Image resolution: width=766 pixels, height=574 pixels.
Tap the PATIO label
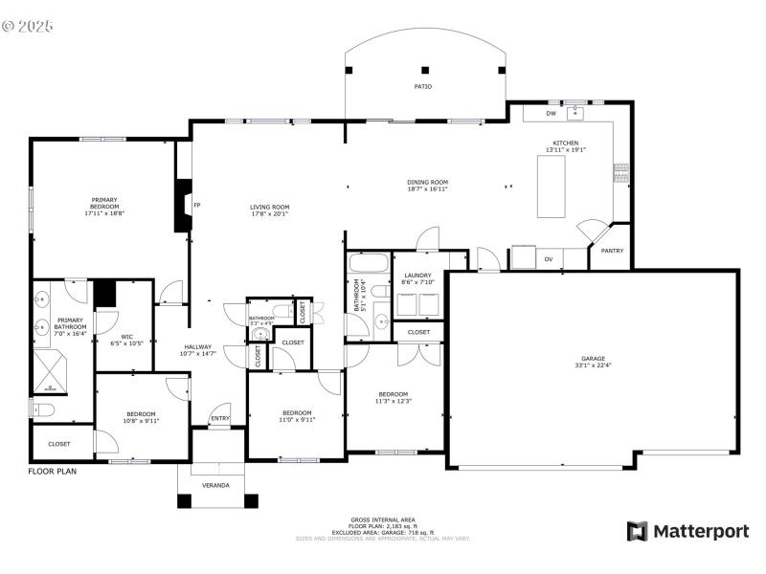[x=422, y=86]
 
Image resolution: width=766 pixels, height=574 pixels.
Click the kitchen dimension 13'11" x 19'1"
[x=565, y=150]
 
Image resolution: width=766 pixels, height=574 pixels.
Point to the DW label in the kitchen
[x=551, y=114]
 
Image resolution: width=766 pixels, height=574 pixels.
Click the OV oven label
[x=549, y=259]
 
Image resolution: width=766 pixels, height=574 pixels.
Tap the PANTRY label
[x=611, y=251]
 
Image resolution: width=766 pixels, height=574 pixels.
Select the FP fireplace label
[x=197, y=206]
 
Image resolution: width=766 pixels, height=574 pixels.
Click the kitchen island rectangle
[x=552, y=188]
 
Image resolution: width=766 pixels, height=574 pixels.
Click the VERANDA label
[x=215, y=485]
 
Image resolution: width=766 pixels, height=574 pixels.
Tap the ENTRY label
[x=219, y=418]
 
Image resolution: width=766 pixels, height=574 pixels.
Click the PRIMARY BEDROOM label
[x=104, y=203]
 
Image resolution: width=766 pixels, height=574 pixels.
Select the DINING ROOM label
[x=427, y=182]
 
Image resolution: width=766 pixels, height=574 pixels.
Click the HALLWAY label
[x=198, y=347]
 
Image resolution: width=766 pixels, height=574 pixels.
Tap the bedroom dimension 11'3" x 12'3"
[x=394, y=402]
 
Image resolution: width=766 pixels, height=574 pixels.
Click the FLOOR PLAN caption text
[x=52, y=471]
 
